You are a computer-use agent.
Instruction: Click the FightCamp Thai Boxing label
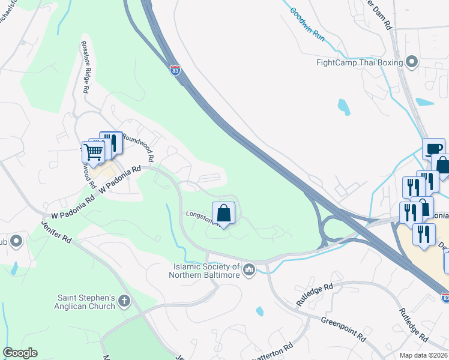click(x=360, y=62)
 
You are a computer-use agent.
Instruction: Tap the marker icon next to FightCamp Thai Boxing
click(x=412, y=62)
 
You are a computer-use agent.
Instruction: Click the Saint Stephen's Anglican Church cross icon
click(x=124, y=301)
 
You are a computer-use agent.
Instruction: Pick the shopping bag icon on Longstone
click(x=223, y=213)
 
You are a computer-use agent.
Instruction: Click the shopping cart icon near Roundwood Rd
click(x=93, y=152)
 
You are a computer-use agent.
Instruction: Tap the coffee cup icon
click(x=433, y=148)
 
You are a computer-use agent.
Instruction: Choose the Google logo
click(x=20, y=353)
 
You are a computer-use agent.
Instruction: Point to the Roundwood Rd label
click(x=139, y=147)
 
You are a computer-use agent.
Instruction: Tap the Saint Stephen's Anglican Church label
click(x=86, y=302)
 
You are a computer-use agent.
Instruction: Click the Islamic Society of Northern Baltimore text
click(x=206, y=271)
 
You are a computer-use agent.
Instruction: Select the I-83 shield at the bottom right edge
click(x=445, y=297)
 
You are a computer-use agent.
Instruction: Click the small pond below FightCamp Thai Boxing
click(x=343, y=107)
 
